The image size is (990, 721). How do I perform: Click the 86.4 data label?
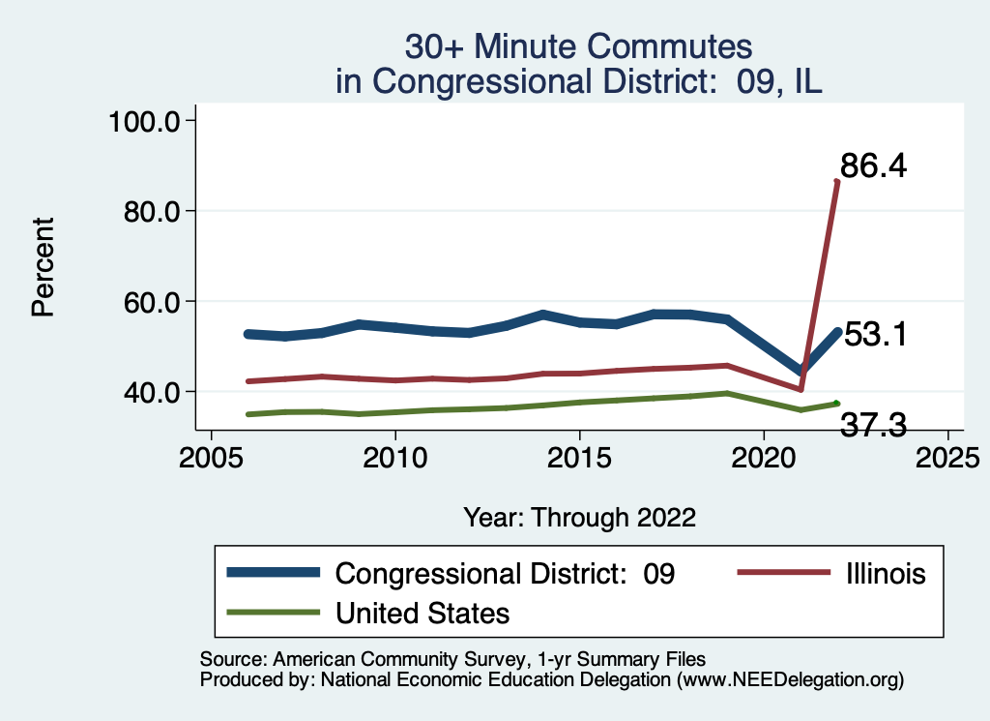tap(872, 166)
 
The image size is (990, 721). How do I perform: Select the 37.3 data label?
tap(873, 424)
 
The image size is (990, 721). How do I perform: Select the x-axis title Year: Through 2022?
tap(579, 516)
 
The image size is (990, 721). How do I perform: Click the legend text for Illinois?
tap(882, 573)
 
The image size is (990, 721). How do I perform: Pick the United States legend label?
tap(422, 613)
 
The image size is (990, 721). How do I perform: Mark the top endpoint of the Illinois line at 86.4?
tap(836, 181)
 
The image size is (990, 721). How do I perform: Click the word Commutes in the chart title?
tap(666, 47)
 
